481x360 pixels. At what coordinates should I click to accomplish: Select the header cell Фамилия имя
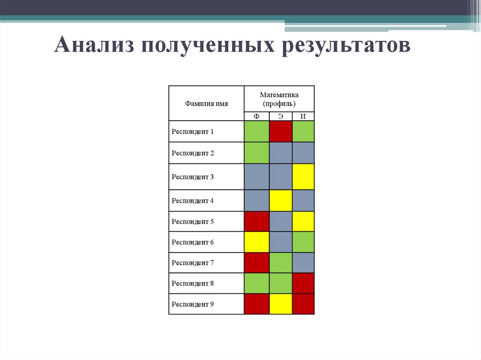(x=206, y=104)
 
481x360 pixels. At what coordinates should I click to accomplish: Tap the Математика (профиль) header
(x=279, y=99)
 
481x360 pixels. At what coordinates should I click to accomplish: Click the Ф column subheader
(x=256, y=116)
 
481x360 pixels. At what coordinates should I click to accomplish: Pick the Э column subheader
(x=280, y=116)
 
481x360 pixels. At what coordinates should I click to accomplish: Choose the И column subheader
(x=303, y=116)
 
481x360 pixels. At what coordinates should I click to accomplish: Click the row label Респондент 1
(x=193, y=132)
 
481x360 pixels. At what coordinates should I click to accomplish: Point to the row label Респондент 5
(x=193, y=222)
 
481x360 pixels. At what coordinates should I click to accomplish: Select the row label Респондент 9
(x=193, y=304)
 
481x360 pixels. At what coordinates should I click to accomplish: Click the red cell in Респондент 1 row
(x=280, y=131)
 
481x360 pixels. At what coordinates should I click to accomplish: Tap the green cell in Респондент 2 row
(x=256, y=153)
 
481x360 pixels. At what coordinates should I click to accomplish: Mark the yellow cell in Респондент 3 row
(x=303, y=177)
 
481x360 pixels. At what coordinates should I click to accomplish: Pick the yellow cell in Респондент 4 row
(x=280, y=200)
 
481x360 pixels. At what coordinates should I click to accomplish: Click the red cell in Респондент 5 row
(x=256, y=222)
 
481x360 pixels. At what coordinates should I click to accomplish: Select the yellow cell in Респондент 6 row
(x=256, y=242)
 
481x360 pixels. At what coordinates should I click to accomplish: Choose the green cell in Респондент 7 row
(x=280, y=263)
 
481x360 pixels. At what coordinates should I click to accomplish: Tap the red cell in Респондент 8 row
(x=303, y=283)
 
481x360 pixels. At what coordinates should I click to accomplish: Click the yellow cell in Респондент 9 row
(x=280, y=304)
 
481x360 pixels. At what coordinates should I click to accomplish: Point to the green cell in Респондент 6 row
(x=303, y=242)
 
